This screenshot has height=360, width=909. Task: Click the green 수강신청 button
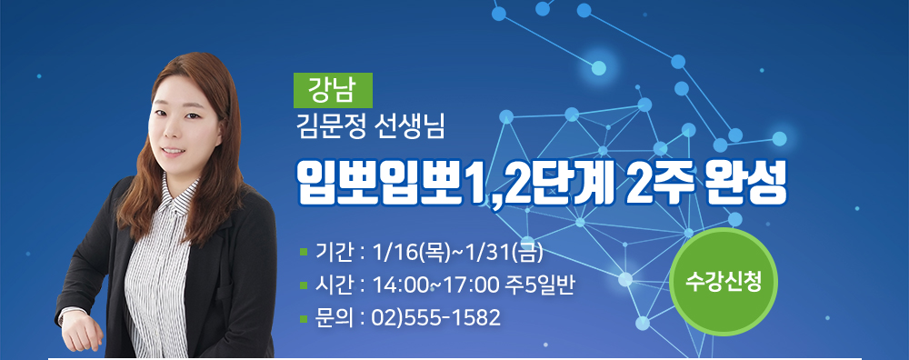pyautogui.click(x=723, y=282)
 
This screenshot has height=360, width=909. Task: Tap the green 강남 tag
pyautogui.click(x=333, y=90)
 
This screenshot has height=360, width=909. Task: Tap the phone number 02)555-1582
pyautogui.click(x=436, y=317)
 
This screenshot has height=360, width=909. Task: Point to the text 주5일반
pyautogui.click(x=540, y=285)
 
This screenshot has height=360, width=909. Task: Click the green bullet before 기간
pyautogui.click(x=304, y=253)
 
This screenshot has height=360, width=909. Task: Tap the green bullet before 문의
pyautogui.click(x=304, y=318)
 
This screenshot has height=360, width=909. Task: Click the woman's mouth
pyautogui.click(x=172, y=151)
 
